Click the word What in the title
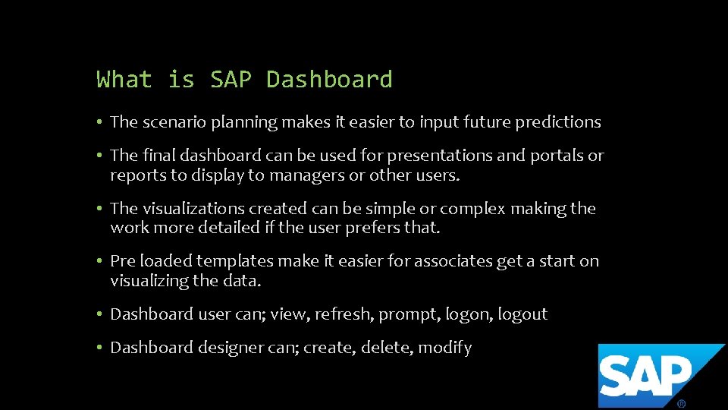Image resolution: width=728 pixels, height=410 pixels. click(124, 80)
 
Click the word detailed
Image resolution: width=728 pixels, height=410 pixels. click(238, 228)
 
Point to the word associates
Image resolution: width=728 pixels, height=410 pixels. click(455, 261)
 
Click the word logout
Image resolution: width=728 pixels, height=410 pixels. click(522, 314)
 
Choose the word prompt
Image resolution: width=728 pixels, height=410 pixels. click(409, 314)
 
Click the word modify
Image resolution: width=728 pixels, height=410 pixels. click(445, 348)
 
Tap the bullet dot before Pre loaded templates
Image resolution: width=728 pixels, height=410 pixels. click(99, 261)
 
